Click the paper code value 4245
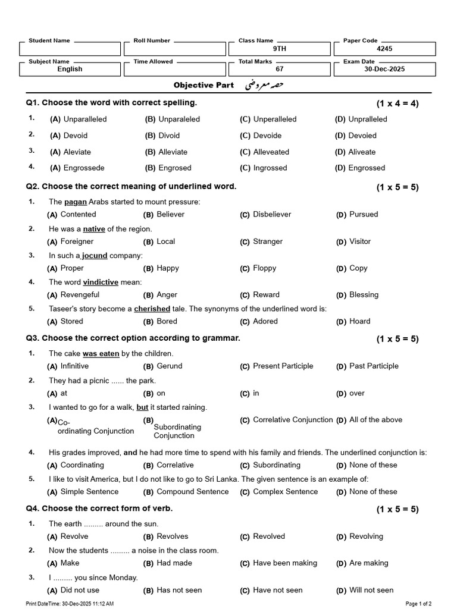[x=384, y=49]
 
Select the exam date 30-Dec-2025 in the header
[x=384, y=70]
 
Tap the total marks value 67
[x=280, y=70]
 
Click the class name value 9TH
[x=280, y=49]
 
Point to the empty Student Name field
[x=70, y=49]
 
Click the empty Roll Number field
[x=175, y=49]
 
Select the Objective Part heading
[x=204, y=86]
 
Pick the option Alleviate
[x=173, y=152]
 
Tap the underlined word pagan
[x=76, y=202]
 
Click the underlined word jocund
[x=95, y=256]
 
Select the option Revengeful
[x=80, y=295]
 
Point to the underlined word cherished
[x=152, y=309]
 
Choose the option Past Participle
[x=374, y=366]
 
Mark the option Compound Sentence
[x=192, y=492]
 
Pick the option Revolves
[x=172, y=536]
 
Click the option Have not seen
[x=277, y=591]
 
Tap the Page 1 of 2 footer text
[x=418, y=604]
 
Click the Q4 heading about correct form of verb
[x=99, y=509]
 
